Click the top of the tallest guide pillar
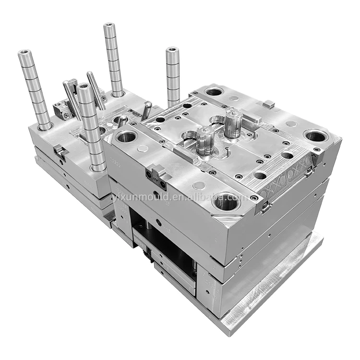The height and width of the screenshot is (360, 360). [110, 26]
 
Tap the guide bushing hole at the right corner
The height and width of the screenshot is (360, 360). [316, 136]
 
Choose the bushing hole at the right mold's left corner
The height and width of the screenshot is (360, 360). [127, 137]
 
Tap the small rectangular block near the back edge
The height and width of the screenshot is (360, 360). [269, 103]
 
